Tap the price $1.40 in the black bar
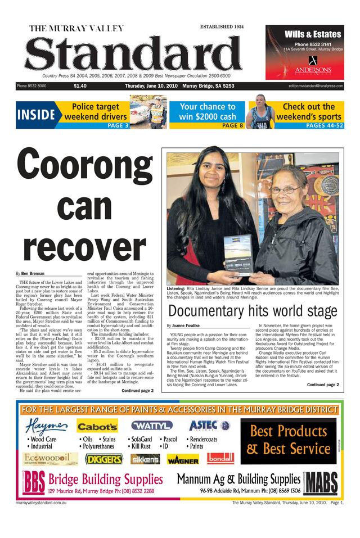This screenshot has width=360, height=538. click(80, 86)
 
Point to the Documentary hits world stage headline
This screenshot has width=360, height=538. click(253, 311)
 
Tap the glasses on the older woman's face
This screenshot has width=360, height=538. click(286, 190)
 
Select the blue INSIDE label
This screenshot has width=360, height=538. click(36, 115)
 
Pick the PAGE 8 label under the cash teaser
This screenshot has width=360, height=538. click(232, 125)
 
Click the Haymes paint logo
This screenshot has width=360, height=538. click(47, 426)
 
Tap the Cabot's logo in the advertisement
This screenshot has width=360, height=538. click(97, 427)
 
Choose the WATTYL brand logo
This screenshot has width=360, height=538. click(151, 426)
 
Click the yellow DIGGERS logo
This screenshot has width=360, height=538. click(104, 459)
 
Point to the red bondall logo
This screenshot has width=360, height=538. click(220, 458)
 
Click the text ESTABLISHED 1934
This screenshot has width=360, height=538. click(222, 27)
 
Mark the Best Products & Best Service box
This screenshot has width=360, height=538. click(289, 440)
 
